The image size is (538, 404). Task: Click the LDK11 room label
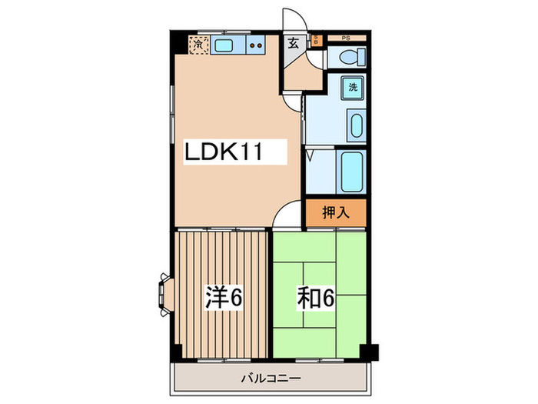coord(224,152)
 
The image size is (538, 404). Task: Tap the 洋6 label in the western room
coord(224,297)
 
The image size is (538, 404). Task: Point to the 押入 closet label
coord(335,212)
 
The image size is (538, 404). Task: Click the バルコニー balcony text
coord(270,377)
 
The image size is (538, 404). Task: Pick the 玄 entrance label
coord(294,44)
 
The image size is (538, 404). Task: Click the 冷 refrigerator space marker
coord(200,45)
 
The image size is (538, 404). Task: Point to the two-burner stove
coord(256,46)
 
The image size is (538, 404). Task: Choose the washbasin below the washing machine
coord(356,125)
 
